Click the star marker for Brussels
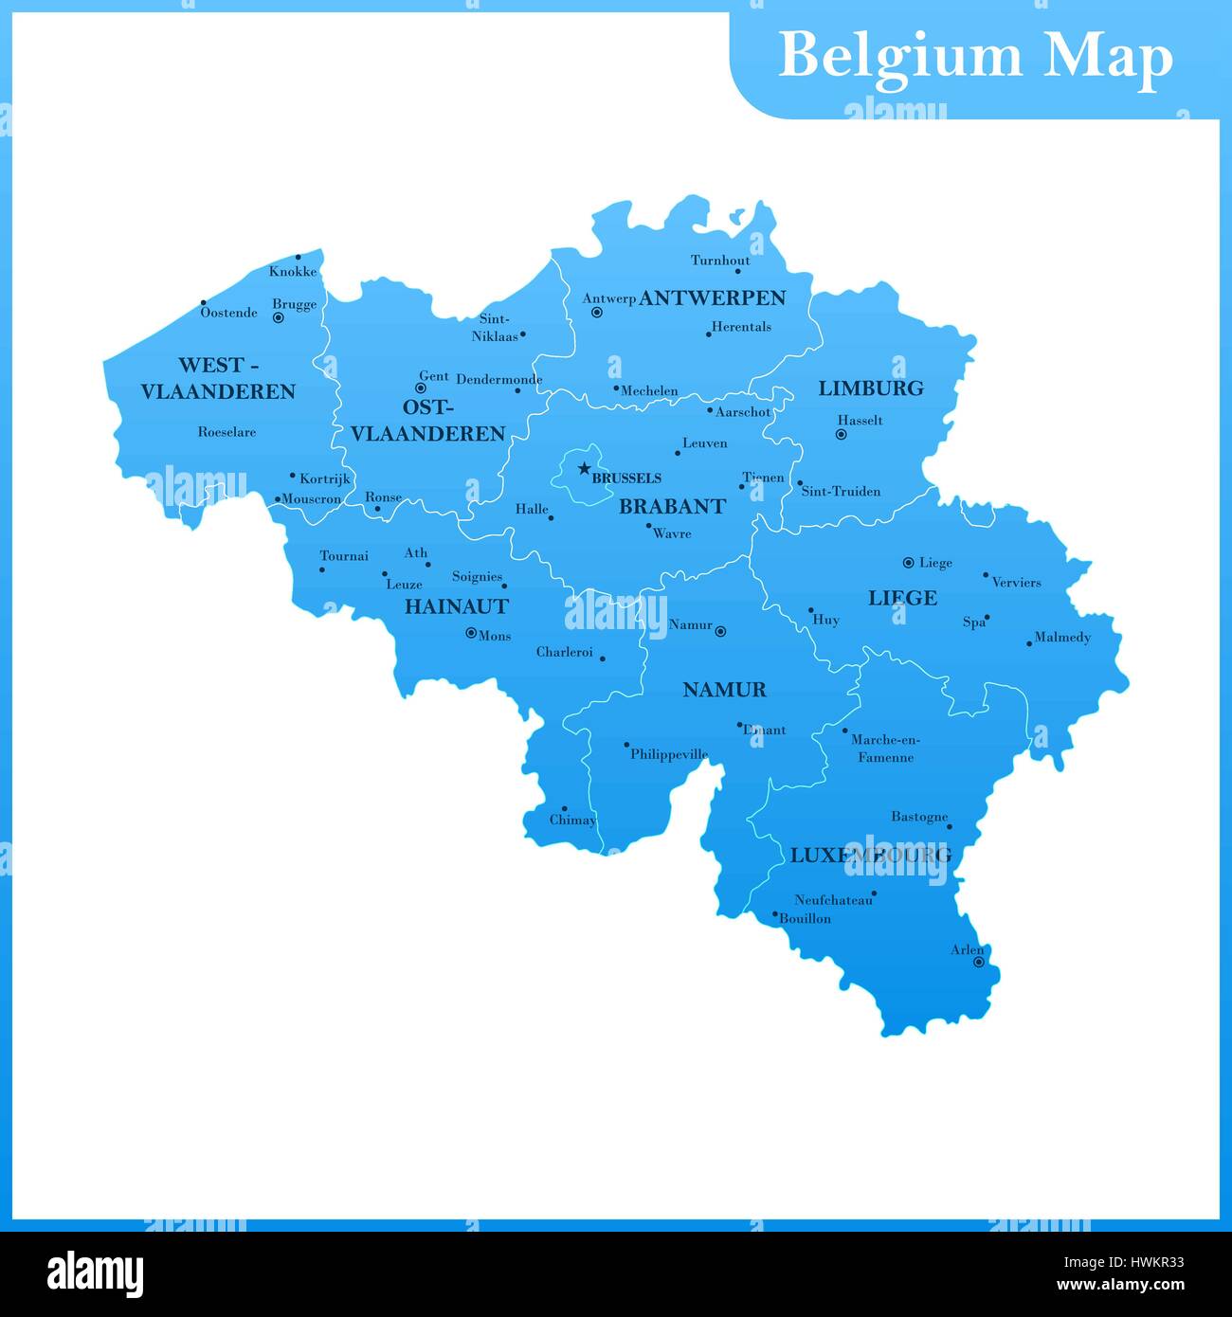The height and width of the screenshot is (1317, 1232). click(x=584, y=468)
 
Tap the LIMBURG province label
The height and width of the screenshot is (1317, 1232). click(x=870, y=388)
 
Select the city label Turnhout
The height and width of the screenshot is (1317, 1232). click(x=720, y=261)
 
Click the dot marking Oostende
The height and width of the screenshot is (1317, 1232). click(x=203, y=304)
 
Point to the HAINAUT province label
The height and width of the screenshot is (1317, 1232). click(x=457, y=606)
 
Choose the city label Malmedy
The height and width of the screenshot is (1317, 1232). click(x=1062, y=638)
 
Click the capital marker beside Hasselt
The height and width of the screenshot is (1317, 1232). click(x=841, y=435)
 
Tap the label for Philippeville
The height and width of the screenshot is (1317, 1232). click(x=669, y=755)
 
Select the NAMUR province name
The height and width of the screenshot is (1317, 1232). click(x=724, y=690)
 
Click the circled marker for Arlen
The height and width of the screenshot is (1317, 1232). click(x=979, y=963)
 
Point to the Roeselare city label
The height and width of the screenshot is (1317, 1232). click(x=226, y=432)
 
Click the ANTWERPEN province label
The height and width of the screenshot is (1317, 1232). click(x=713, y=298)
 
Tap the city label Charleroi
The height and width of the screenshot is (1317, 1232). click(x=565, y=652)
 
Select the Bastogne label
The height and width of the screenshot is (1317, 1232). click(x=918, y=817)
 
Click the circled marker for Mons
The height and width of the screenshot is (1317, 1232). click(x=471, y=633)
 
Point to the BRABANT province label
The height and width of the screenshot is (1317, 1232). click(x=672, y=507)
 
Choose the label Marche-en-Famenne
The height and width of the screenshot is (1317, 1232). click(x=885, y=749)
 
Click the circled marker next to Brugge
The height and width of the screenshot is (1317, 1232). click(x=279, y=318)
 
